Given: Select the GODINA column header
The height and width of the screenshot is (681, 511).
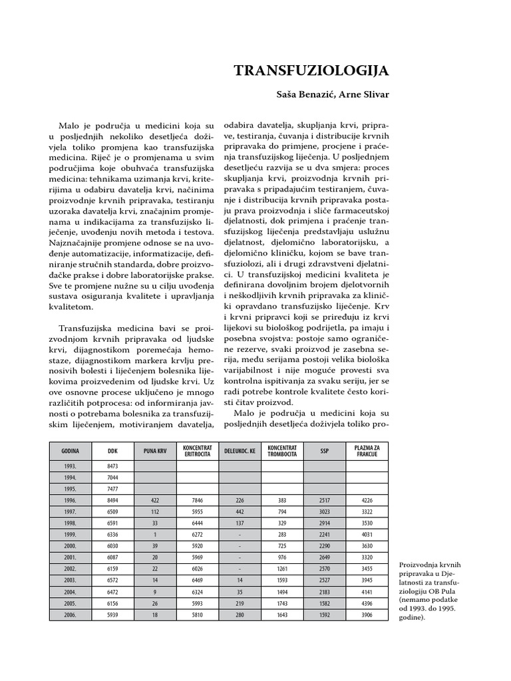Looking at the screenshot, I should click(x=70, y=450).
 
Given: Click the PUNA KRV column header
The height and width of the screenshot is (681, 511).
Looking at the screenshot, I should click(x=154, y=450).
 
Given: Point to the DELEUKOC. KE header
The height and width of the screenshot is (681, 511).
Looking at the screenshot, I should click(x=239, y=450).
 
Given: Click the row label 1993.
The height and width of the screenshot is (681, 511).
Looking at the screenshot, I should click(x=70, y=466).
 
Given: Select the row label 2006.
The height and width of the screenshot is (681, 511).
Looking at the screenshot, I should click(x=70, y=615).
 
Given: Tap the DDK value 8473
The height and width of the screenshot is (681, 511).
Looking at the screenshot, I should click(x=112, y=466).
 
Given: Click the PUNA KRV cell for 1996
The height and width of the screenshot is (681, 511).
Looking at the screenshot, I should click(x=154, y=501).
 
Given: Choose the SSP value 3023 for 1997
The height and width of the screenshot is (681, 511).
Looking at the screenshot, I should click(x=324, y=512).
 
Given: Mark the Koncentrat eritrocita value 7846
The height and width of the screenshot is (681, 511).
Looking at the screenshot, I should click(x=197, y=501).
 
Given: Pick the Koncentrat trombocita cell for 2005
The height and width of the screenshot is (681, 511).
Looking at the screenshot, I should click(x=281, y=604).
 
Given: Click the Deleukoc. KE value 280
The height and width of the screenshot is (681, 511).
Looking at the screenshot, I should click(x=239, y=615).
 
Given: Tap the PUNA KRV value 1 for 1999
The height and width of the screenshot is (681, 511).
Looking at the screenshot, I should click(x=154, y=535).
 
